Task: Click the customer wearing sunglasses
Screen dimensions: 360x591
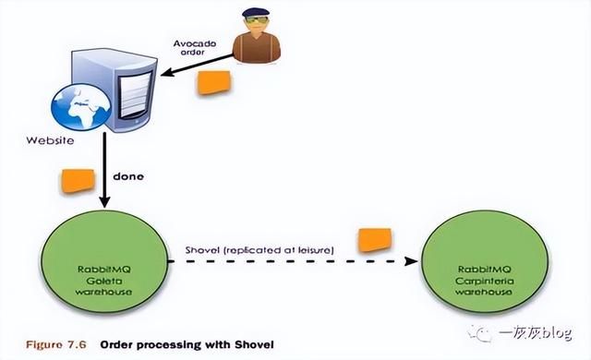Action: (257, 37)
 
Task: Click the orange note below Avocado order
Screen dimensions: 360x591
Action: (213, 81)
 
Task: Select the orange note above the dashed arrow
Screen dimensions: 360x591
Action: (372, 239)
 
